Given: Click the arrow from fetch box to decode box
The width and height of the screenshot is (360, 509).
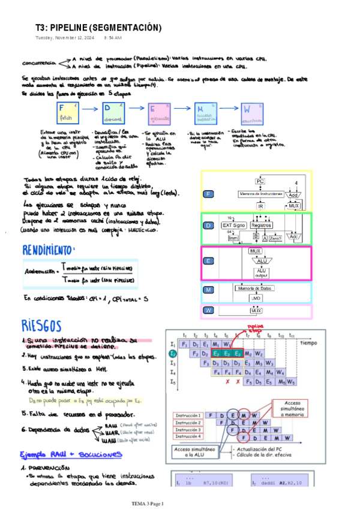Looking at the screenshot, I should click(x=89, y=110).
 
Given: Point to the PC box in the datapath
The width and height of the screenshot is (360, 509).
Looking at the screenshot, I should click(x=260, y=181).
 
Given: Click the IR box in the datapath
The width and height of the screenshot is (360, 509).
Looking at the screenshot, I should click(x=260, y=206).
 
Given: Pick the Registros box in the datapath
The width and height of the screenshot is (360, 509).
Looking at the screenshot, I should click(x=262, y=225).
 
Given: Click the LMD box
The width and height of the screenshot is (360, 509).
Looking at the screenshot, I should click(x=256, y=298).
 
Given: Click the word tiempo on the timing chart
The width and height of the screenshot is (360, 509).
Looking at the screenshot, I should click(x=308, y=343).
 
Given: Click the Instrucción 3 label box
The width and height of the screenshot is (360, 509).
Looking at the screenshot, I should click(x=188, y=430).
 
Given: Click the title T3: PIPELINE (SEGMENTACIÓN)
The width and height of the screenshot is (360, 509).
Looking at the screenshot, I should click(x=98, y=28).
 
